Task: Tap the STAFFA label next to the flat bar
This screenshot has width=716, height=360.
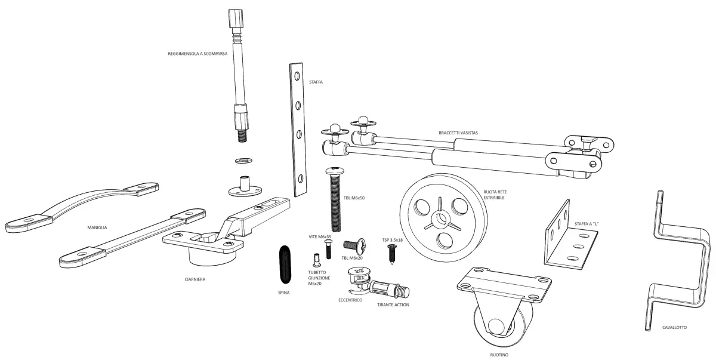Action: (x=316, y=82)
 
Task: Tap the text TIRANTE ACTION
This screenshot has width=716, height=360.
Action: (x=393, y=304)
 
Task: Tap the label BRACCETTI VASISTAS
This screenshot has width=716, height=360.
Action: (x=458, y=133)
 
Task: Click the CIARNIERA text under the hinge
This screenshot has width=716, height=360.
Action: (x=195, y=279)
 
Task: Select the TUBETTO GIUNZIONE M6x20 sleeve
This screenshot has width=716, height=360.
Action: (x=316, y=261)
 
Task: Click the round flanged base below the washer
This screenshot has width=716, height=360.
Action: (x=244, y=188)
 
